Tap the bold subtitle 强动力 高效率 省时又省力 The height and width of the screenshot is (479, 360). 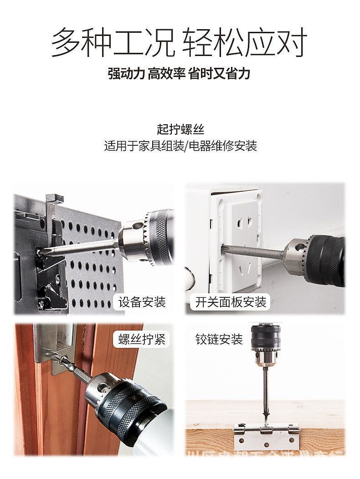point(179,74)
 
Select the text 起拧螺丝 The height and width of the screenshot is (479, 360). point(180,130)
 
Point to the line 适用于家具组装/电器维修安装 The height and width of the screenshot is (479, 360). point(180,146)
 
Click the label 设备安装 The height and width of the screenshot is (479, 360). point(142,301)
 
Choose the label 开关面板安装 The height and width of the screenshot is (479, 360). point(231,301)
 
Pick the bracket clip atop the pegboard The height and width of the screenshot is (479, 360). point(54,198)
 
